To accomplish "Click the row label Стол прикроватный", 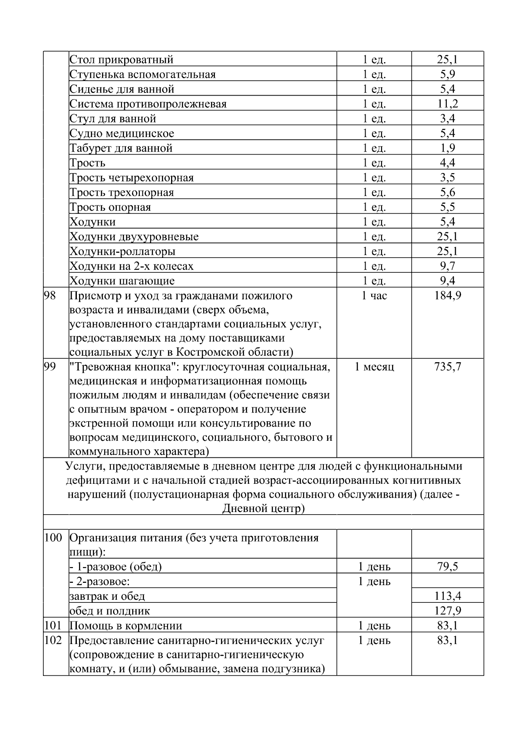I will click(x=122, y=59).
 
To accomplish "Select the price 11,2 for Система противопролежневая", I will click(x=448, y=104).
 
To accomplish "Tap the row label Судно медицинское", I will click(x=122, y=133).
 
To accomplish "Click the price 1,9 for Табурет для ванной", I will click(x=448, y=148).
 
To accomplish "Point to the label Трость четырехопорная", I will click(x=132, y=178).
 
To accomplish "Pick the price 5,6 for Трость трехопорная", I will click(x=448, y=192).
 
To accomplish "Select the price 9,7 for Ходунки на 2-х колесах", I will click(x=448, y=266).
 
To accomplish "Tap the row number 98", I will click(x=50, y=296).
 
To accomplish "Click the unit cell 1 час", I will click(x=374, y=296).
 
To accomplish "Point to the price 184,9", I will click(x=448, y=296).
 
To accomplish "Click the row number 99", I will click(x=50, y=367).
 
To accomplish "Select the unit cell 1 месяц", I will click(x=374, y=367).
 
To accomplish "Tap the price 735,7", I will click(x=448, y=367).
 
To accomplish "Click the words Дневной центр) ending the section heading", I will click(x=264, y=508).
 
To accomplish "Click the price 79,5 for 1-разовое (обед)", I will click(x=448, y=567).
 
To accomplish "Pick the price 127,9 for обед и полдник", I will click(x=448, y=611).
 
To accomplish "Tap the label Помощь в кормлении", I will click(x=126, y=626).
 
